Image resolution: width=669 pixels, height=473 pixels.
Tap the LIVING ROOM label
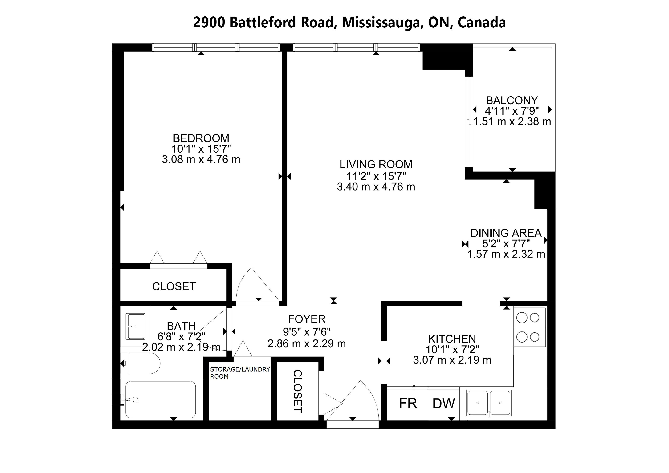[x=376, y=165]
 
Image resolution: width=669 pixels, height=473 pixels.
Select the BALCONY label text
[x=512, y=101]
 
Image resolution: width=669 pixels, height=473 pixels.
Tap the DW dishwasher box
[x=444, y=404]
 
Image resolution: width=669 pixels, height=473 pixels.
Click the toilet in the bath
[x=141, y=363]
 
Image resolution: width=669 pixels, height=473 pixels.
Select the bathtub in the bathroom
[x=161, y=400]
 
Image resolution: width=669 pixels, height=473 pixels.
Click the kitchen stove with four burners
[x=530, y=327]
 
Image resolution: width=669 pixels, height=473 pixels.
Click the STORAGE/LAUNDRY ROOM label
[x=240, y=373]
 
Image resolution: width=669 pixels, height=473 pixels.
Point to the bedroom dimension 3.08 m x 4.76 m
[x=201, y=160]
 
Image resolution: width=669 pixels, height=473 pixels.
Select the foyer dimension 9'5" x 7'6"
[x=307, y=332]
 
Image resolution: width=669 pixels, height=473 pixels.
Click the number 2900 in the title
[x=209, y=23]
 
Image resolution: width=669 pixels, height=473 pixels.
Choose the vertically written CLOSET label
[x=297, y=391]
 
